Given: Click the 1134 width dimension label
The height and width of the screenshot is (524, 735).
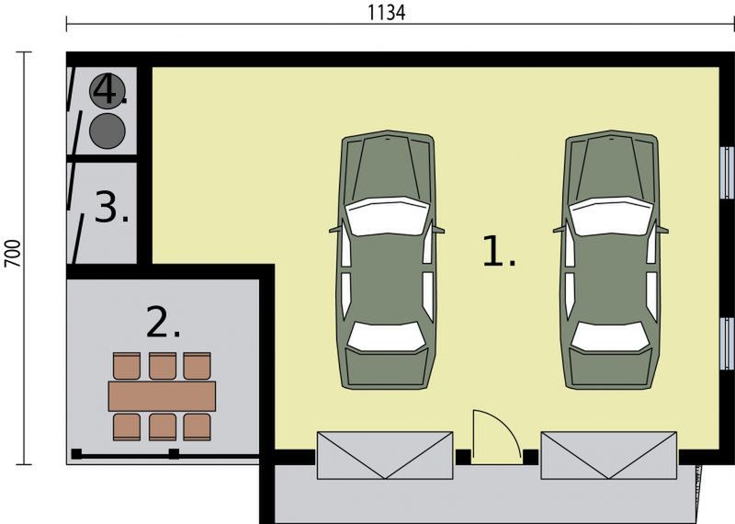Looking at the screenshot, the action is (386, 13).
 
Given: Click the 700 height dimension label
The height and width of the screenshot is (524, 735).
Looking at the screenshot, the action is (13, 254).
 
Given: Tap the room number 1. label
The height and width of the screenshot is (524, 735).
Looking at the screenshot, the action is (499, 252).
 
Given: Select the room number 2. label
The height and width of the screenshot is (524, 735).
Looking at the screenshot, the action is (164, 322).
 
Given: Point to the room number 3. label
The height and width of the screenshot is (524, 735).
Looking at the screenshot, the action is (111, 207).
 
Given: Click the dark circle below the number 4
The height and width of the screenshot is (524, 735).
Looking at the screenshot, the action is (107, 131).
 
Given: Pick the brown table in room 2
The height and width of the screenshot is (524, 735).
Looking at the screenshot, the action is (162, 396).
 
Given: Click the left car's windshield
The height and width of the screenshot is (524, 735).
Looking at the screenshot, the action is (387, 216).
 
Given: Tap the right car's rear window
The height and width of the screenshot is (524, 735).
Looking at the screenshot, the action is (610, 336).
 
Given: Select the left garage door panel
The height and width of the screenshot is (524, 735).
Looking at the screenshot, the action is (385, 455).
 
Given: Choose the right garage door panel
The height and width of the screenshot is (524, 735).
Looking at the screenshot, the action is (608, 455).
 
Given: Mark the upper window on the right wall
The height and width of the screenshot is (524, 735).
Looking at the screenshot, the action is (727, 172).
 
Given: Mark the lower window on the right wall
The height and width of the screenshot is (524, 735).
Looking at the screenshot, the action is (727, 344).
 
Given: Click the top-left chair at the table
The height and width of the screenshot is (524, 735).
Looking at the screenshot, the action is (127, 366).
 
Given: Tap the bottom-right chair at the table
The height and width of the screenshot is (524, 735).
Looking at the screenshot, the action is (197, 427).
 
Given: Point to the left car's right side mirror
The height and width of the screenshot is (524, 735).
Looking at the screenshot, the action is (438, 230).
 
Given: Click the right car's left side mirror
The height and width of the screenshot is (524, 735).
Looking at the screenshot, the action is (559, 230).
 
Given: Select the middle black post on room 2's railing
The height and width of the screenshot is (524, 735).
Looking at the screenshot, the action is (174, 453).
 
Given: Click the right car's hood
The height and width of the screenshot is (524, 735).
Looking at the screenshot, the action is (610, 166).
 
